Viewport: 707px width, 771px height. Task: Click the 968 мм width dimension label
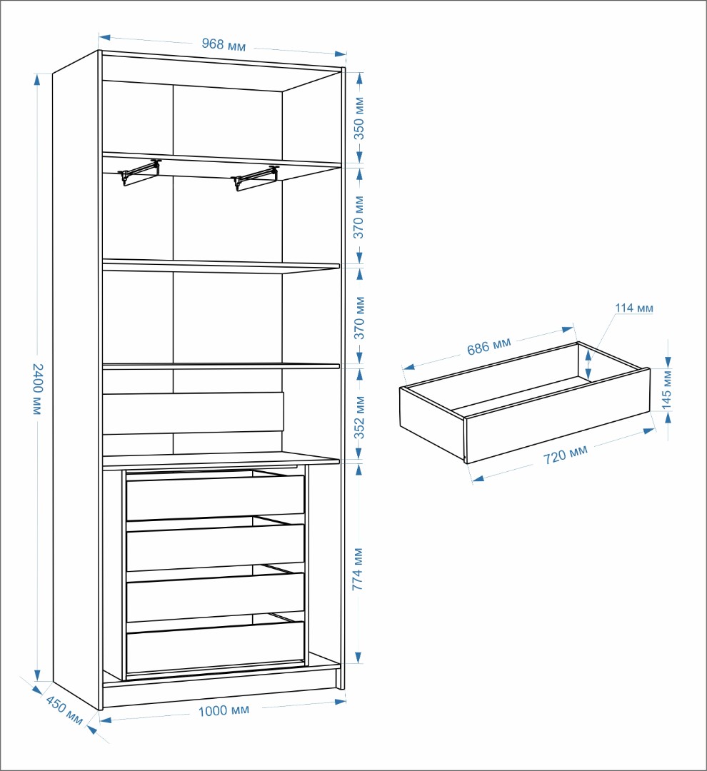(x=224, y=44)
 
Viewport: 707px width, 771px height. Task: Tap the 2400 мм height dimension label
(x=38, y=388)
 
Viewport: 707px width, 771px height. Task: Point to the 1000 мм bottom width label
(x=224, y=710)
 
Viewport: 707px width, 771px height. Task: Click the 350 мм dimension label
(x=359, y=118)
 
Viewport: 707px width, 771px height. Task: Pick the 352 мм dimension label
(x=360, y=418)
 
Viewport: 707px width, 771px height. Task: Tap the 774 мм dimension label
(x=358, y=569)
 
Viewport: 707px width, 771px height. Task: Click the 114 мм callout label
(x=634, y=308)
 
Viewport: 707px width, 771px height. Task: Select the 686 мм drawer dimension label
(x=489, y=346)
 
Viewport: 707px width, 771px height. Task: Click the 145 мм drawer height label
(x=667, y=389)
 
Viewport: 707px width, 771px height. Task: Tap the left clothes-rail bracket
(x=139, y=171)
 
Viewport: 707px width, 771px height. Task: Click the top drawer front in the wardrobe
(x=216, y=497)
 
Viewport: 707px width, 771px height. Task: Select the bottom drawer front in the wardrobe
(x=216, y=647)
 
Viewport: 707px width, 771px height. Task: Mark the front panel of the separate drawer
(x=558, y=416)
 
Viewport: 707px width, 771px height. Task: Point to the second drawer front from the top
(x=216, y=546)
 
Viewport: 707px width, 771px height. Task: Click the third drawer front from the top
(x=216, y=596)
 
